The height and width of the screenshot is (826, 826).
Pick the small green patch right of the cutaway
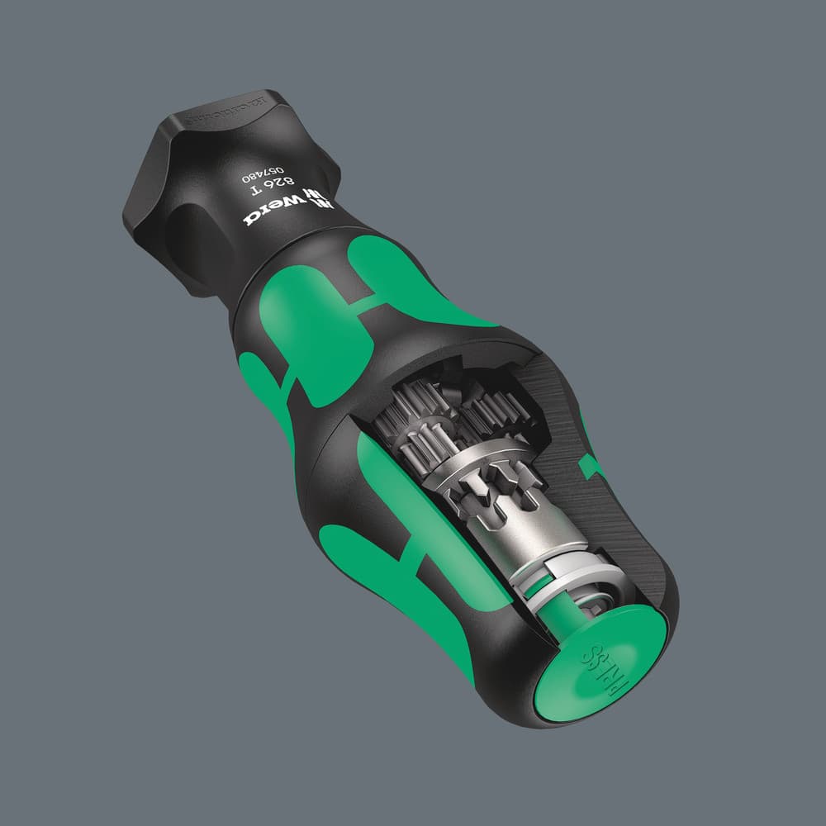pos(591,467)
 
